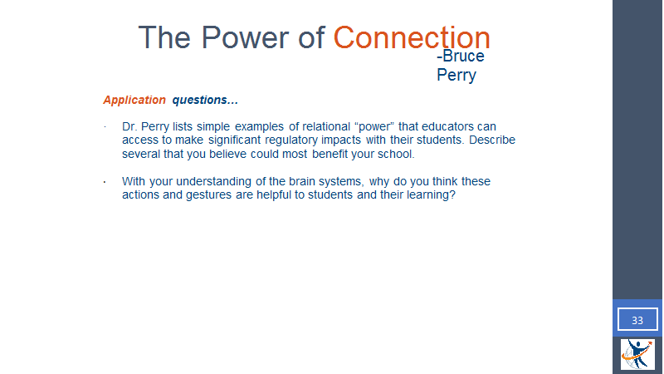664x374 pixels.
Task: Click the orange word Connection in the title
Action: coord(412,37)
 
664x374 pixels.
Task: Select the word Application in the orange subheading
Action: coord(134,100)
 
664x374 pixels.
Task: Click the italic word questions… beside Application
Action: coord(205,100)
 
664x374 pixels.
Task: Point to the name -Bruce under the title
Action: coord(461,56)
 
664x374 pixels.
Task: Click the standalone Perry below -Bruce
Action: coord(456,75)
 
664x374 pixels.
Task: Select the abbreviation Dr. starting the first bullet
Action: coord(129,126)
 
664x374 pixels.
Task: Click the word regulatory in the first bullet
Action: coord(291,140)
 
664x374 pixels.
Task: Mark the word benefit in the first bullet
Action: coord(330,154)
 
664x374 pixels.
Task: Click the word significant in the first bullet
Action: coord(234,140)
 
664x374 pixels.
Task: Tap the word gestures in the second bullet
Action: coord(209,195)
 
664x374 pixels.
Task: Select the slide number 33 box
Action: coord(637,319)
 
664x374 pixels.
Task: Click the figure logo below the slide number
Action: coord(637,354)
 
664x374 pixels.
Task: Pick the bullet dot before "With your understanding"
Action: coord(105,182)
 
